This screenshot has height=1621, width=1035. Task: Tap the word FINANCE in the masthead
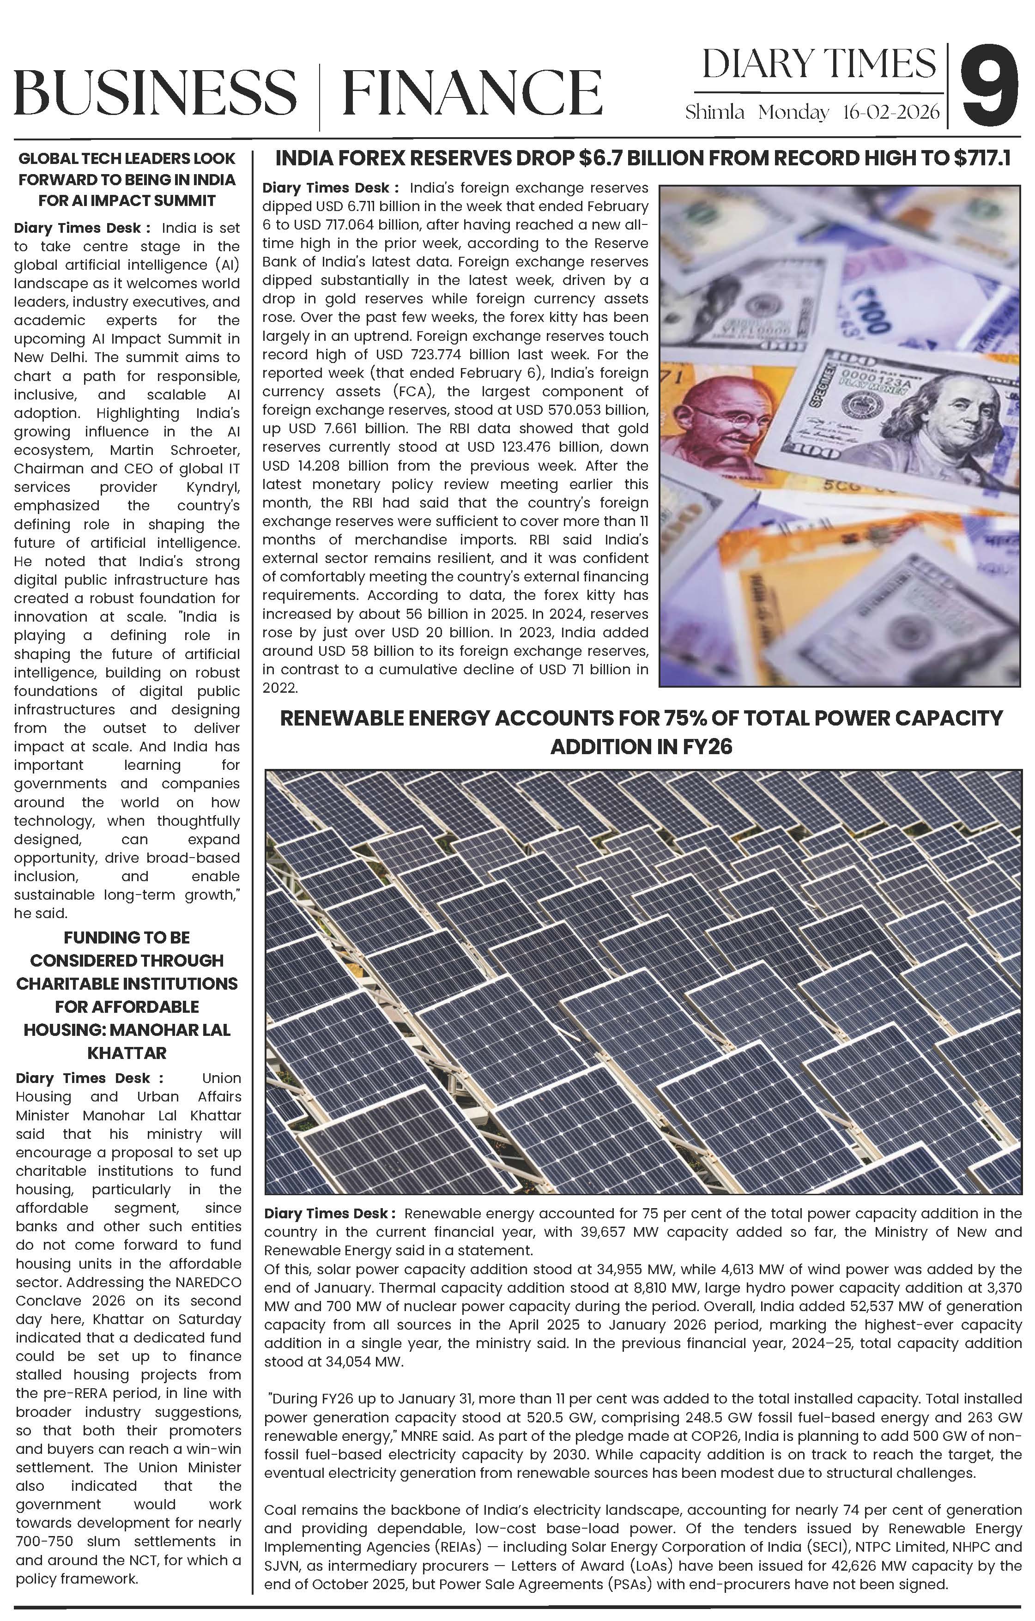472,92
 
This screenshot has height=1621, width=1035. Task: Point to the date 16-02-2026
890,112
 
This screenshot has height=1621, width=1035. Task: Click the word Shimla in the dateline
714,112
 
